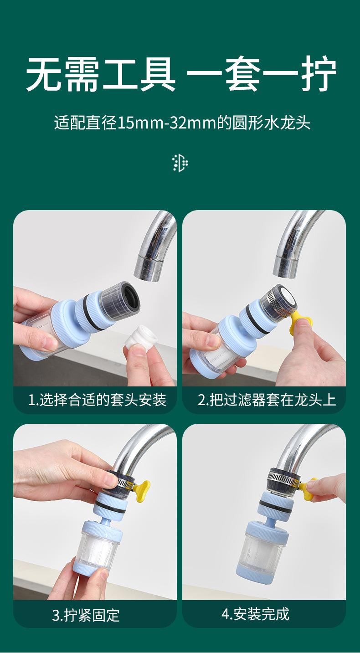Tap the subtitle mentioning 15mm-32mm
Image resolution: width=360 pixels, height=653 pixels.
182,123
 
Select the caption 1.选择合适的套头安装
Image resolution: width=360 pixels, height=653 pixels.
97,400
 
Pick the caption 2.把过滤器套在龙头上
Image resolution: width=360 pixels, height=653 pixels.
267,400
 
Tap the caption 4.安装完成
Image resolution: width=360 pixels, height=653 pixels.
255,614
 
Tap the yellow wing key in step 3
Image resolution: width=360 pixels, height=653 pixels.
142,491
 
